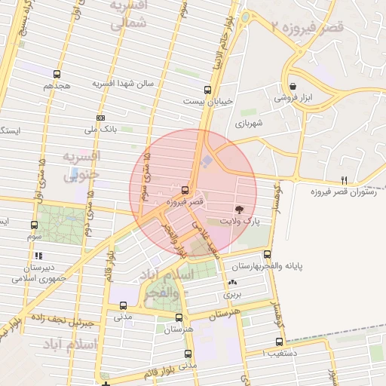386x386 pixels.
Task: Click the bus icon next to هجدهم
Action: (57, 75)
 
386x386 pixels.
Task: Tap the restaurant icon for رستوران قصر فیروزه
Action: (345, 179)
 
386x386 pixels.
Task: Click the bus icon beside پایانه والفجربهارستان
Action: (268, 255)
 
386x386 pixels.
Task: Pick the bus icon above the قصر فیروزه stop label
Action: (185, 188)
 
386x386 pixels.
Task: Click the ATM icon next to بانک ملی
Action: (101, 118)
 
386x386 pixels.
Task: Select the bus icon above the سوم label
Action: (34, 225)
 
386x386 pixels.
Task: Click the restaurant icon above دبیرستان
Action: (38, 256)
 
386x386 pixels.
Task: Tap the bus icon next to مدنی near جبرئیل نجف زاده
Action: (123, 305)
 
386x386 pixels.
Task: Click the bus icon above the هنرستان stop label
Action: (179, 317)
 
